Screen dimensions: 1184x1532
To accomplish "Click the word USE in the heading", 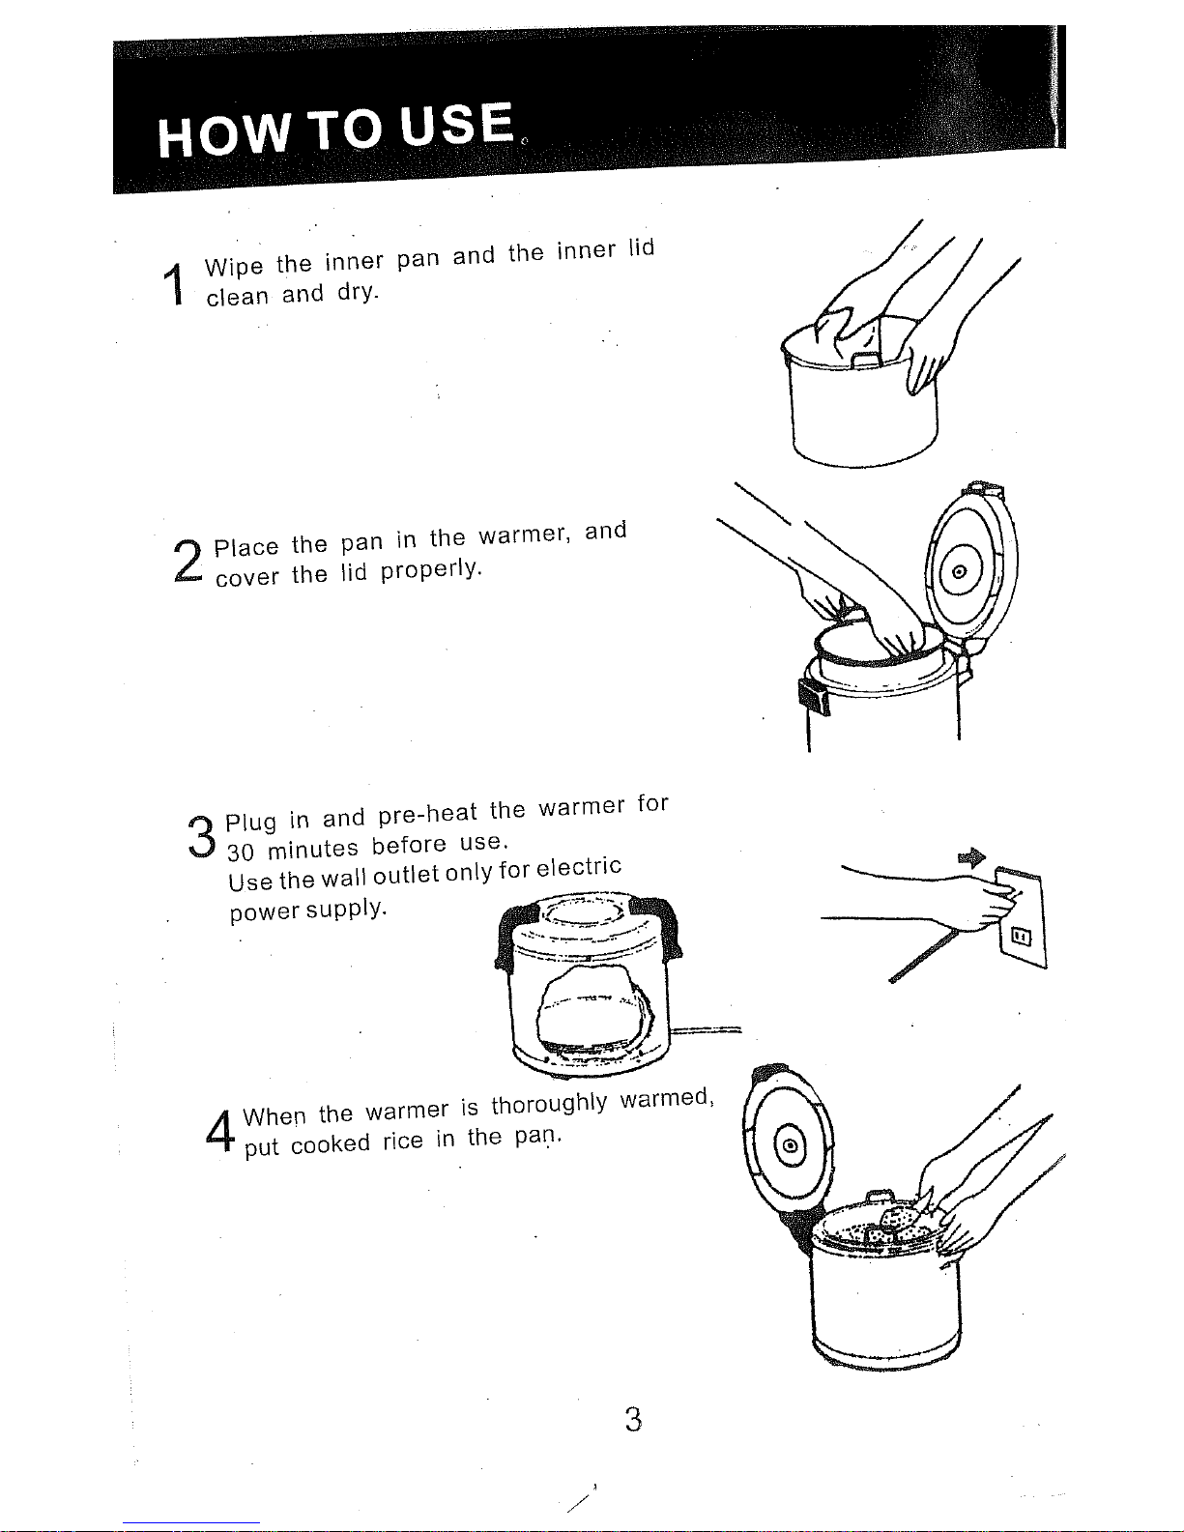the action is (456, 125).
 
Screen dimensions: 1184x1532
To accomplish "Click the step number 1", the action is (173, 284).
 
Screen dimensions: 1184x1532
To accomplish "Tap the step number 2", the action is (188, 562).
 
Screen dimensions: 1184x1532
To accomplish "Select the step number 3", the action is (202, 837).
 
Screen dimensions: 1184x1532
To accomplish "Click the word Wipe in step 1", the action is (234, 267).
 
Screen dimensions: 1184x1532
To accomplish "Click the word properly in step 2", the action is (431, 568).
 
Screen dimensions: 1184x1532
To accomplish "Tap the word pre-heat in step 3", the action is (428, 814).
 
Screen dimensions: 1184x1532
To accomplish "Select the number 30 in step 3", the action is (240, 853).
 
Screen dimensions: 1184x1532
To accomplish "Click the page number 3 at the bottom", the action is (633, 1420).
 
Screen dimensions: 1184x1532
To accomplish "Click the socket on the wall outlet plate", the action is (1022, 937).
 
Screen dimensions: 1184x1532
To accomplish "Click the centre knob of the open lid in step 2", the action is (959, 572).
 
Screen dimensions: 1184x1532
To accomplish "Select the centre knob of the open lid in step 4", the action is (791, 1145).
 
